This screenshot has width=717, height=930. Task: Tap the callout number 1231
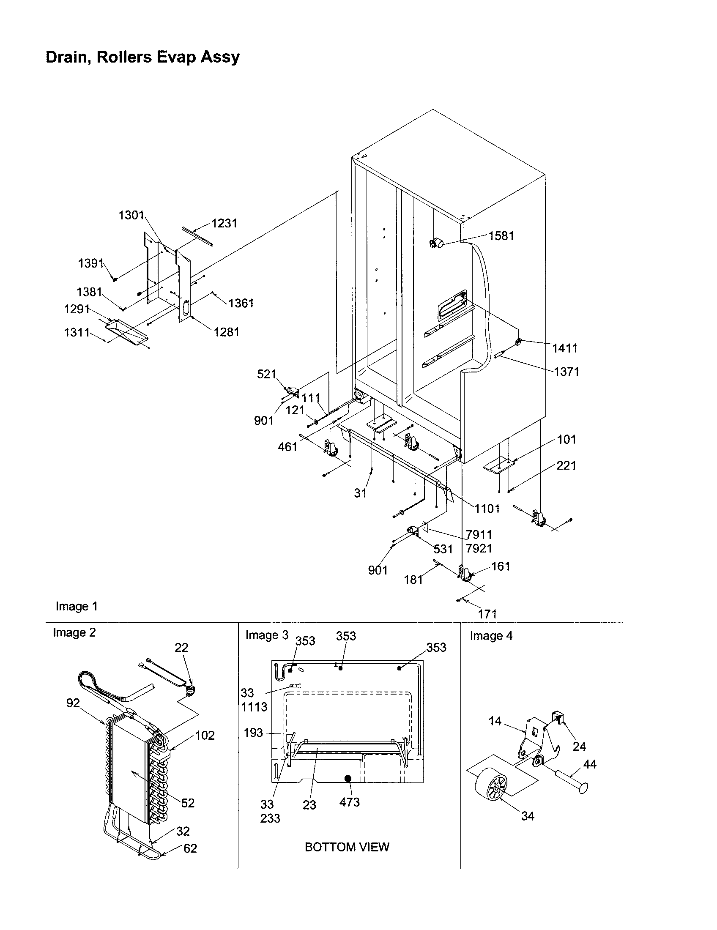click(224, 223)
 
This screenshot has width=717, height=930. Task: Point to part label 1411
click(564, 348)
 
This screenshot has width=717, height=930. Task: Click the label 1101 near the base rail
click(487, 509)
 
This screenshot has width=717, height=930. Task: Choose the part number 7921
click(479, 548)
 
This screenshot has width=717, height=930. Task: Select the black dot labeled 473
click(348, 779)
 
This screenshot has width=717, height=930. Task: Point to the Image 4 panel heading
click(491, 636)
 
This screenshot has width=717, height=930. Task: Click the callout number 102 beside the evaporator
click(204, 736)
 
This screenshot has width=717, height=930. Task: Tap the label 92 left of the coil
click(73, 703)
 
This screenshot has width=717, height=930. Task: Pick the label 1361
click(241, 303)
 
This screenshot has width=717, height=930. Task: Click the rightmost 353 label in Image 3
click(436, 647)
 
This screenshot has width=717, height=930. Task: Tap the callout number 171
click(487, 614)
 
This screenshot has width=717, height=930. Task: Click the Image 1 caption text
click(77, 606)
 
